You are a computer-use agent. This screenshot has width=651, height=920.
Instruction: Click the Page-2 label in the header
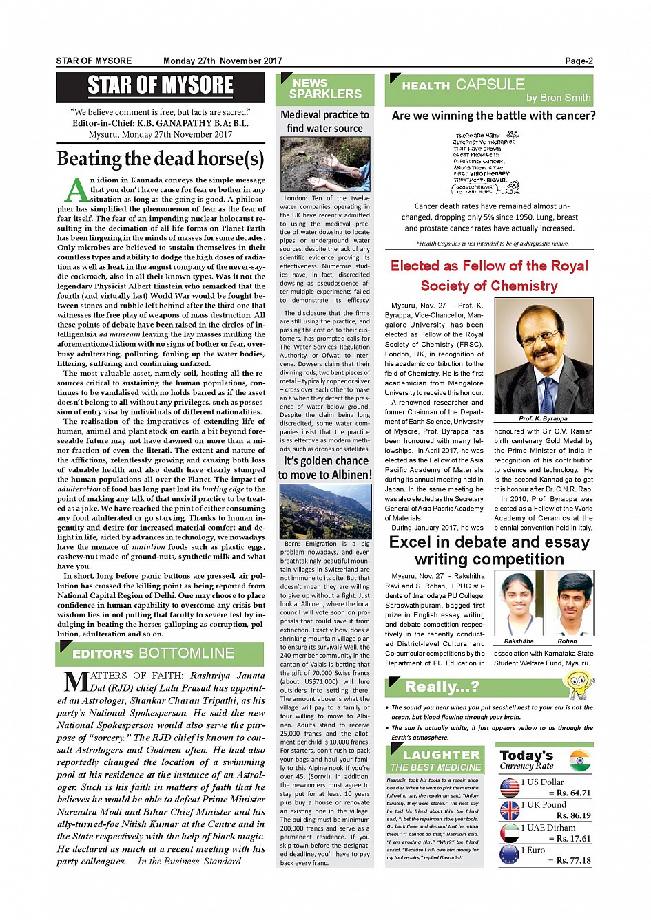pyautogui.click(x=579, y=61)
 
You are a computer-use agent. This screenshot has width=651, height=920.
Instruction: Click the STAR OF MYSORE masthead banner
pyautogui.click(x=160, y=85)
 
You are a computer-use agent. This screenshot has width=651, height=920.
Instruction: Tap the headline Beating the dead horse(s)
pyautogui.click(x=161, y=159)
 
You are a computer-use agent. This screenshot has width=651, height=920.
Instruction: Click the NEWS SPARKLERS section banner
pyautogui.click(x=324, y=89)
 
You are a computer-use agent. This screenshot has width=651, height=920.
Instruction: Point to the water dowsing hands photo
pyautogui.click(x=325, y=164)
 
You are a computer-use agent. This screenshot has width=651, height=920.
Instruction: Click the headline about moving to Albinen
pyautogui.click(x=324, y=468)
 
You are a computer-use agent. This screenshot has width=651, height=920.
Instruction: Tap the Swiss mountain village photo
pyautogui.click(x=325, y=511)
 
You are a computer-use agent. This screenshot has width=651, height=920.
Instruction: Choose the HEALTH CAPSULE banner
pyautogui.click(x=489, y=89)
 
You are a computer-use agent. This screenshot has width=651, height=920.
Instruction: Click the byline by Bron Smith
pyautogui.click(x=558, y=98)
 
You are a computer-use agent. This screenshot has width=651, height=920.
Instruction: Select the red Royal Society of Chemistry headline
pyautogui.click(x=489, y=275)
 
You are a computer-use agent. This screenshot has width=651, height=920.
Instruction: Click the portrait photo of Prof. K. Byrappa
pyautogui.click(x=544, y=355)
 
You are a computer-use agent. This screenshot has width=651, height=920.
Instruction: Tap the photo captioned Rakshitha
pyautogui.click(x=519, y=603)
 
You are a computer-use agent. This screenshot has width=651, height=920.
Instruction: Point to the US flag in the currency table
pyautogui.click(x=510, y=787)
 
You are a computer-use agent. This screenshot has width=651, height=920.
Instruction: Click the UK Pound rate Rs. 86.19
pyautogui.click(x=573, y=815)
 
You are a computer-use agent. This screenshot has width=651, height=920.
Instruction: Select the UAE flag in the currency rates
pyautogui.click(x=510, y=833)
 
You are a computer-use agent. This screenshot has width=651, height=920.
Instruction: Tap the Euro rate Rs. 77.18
pyautogui.click(x=573, y=860)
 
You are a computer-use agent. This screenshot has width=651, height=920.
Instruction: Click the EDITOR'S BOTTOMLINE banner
pyautogui.click(x=160, y=654)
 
